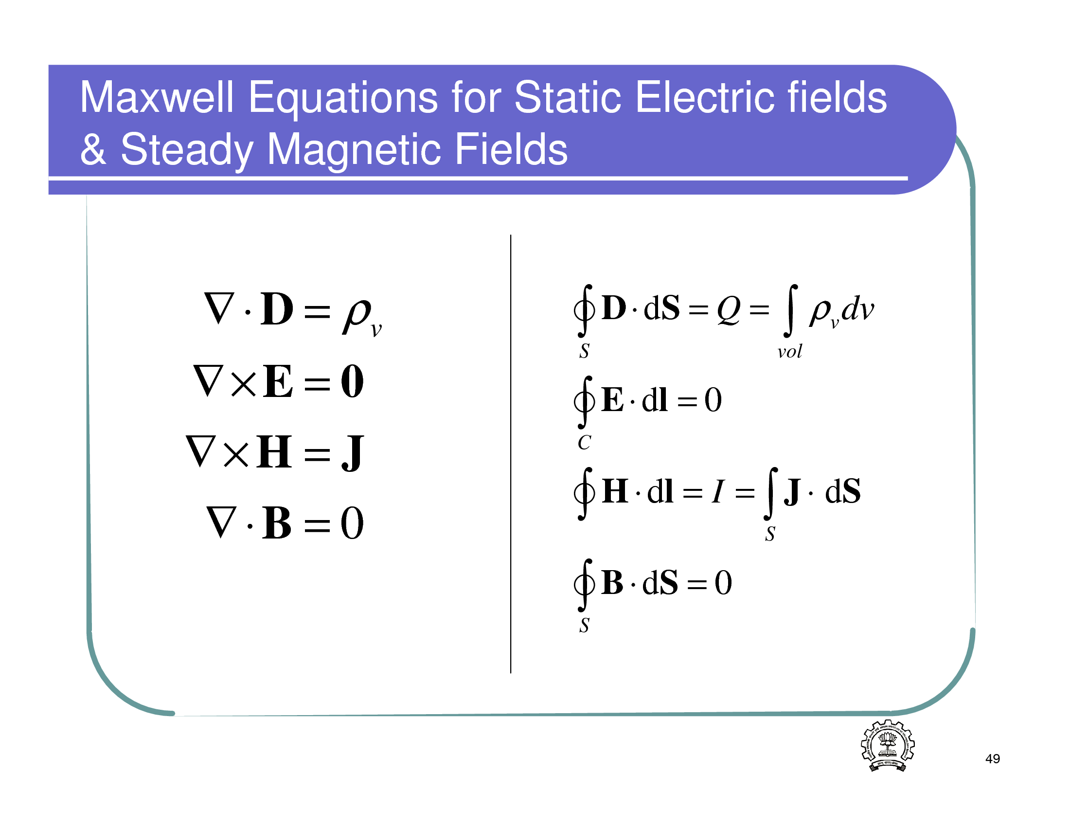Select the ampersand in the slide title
pyautogui.click(x=93, y=149)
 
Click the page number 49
pyautogui.click(x=993, y=758)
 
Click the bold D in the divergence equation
pyautogui.click(x=277, y=309)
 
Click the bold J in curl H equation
pyautogui.click(x=352, y=453)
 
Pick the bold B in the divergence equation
pyautogui.click(x=277, y=523)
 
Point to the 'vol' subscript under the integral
pyautogui.click(x=790, y=351)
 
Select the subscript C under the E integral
pyautogui.click(x=585, y=442)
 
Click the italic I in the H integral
pyautogui.click(x=718, y=491)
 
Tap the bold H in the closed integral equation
pyautogui.click(x=615, y=491)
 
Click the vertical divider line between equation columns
pyautogui.click(x=511, y=454)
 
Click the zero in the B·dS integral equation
pyautogui.click(x=723, y=583)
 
